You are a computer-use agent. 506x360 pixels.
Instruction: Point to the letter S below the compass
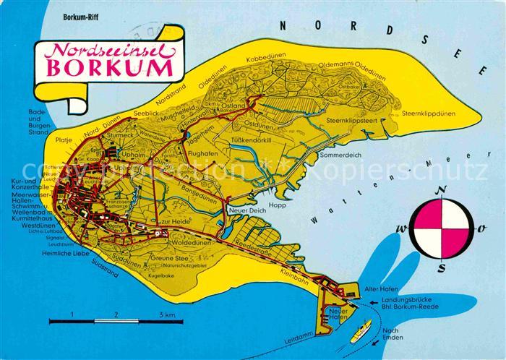click(x=440, y=267)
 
